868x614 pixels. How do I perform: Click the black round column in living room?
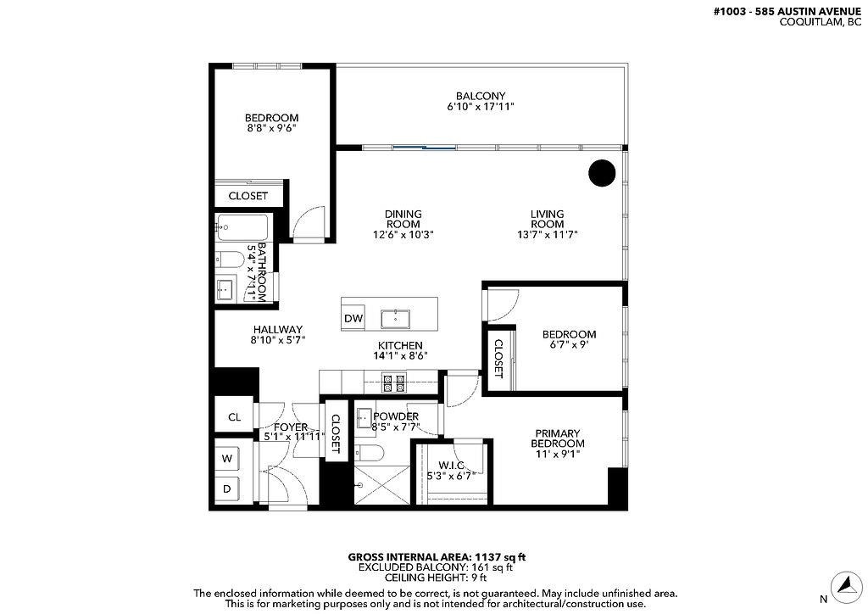tap(602, 173)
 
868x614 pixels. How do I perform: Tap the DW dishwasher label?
tap(353, 319)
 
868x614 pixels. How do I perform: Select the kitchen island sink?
tap(396, 319)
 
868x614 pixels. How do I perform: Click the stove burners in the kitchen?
tap(393, 382)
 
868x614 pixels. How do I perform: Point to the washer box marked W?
tap(227, 459)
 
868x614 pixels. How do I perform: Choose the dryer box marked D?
tap(227, 489)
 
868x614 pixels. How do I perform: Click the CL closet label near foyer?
tap(234, 417)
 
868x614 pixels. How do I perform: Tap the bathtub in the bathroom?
tap(242, 228)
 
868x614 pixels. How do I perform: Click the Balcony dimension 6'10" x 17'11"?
tap(481, 107)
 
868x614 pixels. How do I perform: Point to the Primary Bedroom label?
tap(557, 438)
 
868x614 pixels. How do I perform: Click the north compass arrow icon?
tap(844, 584)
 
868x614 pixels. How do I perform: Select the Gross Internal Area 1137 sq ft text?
tap(437, 557)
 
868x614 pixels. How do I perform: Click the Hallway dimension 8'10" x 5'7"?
tap(277, 339)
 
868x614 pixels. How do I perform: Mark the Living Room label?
tap(548, 219)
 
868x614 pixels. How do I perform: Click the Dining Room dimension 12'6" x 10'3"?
tap(403, 235)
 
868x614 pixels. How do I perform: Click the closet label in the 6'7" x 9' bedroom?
tap(498, 359)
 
